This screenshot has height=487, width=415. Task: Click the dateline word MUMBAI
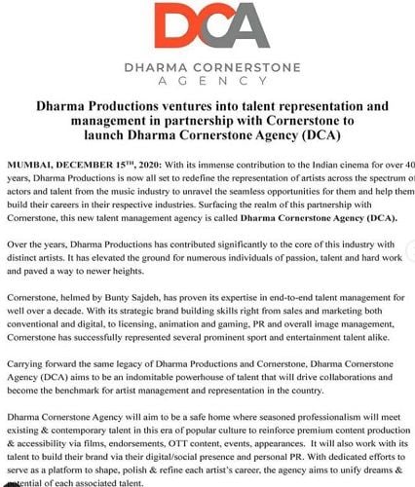tap(29, 161)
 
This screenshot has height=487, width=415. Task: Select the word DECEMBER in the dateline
tap(78, 161)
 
